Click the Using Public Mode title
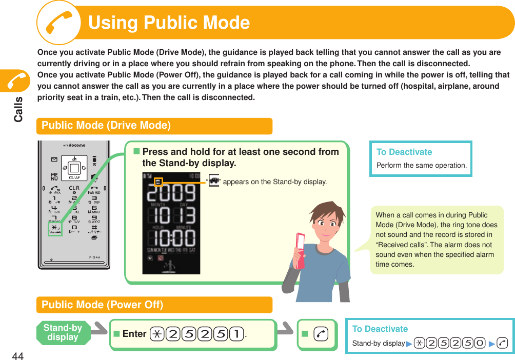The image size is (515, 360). (169, 23)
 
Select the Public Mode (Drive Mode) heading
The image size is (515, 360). (106, 126)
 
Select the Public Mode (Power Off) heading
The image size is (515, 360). (102, 305)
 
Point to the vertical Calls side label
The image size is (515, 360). (18, 109)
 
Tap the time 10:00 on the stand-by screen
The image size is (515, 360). (171, 239)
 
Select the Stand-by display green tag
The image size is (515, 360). (63, 332)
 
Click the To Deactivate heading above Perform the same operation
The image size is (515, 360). (404, 152)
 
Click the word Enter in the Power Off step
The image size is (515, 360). (134, 334)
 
